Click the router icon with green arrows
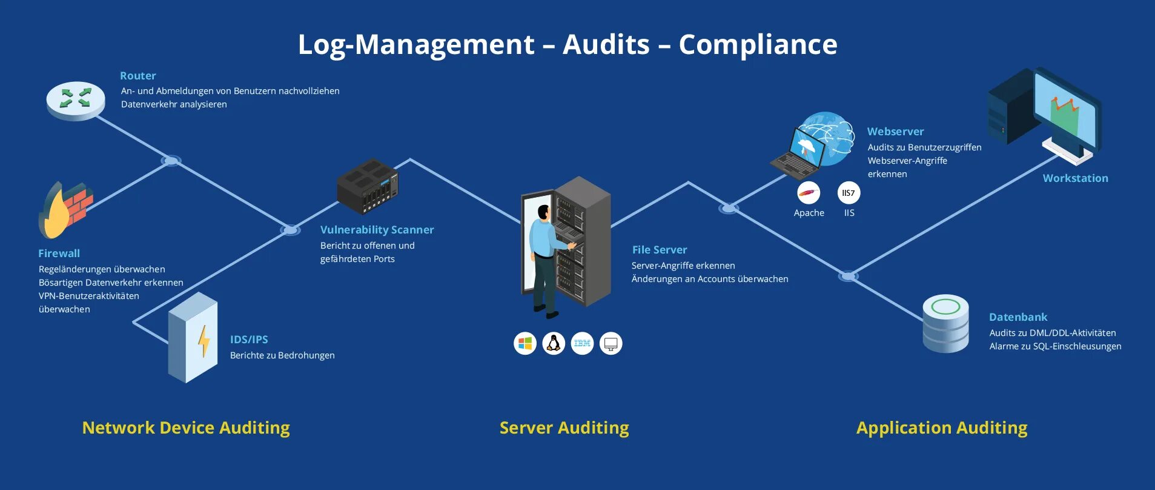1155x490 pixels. point(76,100)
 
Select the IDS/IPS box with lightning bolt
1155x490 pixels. point(193,337)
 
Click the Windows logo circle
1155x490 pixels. point(525,343)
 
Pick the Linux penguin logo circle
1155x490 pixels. point(554,343)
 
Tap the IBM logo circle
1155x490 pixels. point(582,343)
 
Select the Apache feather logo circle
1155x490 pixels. point(809,193)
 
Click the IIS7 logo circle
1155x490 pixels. point(849,193)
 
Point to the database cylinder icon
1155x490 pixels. point(945,324)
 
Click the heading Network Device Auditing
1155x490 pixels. point(186,428)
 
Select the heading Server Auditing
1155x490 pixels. point(564,428)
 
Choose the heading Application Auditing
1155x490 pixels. point(942,428)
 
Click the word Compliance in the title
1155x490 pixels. point(758,44)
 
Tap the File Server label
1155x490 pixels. point(660,250)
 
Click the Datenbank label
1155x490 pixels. point(1018,317)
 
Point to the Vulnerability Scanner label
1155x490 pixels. point(377,230)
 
